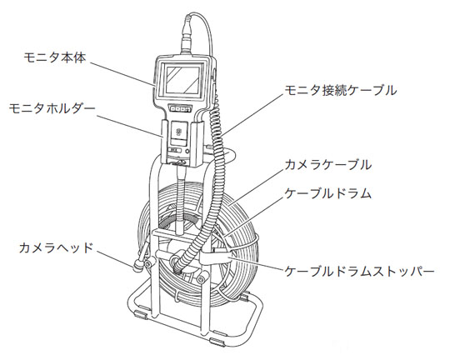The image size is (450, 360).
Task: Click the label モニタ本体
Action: (x=55, y=58)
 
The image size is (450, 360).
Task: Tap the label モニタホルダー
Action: (x=52, y=109)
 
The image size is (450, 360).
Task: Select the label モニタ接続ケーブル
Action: (x=341, y=91)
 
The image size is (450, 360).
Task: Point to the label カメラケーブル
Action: (x=328, y=165)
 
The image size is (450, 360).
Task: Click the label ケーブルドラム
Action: (x=328, y=194)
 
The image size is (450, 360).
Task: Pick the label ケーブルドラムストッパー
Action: (x=359, y=272)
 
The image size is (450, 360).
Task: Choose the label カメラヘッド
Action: (x=57, y=248)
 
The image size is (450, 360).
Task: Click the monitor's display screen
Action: (x=182, y=79)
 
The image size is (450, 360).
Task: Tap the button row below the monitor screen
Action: (x=181, y=108)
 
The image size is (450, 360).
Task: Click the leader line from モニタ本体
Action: (x=123, y=73)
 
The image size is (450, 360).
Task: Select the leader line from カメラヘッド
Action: (x=115, y=260)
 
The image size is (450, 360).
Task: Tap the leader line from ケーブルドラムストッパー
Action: (x=257, y=264)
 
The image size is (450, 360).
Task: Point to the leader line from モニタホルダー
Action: (x=130, y=126)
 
